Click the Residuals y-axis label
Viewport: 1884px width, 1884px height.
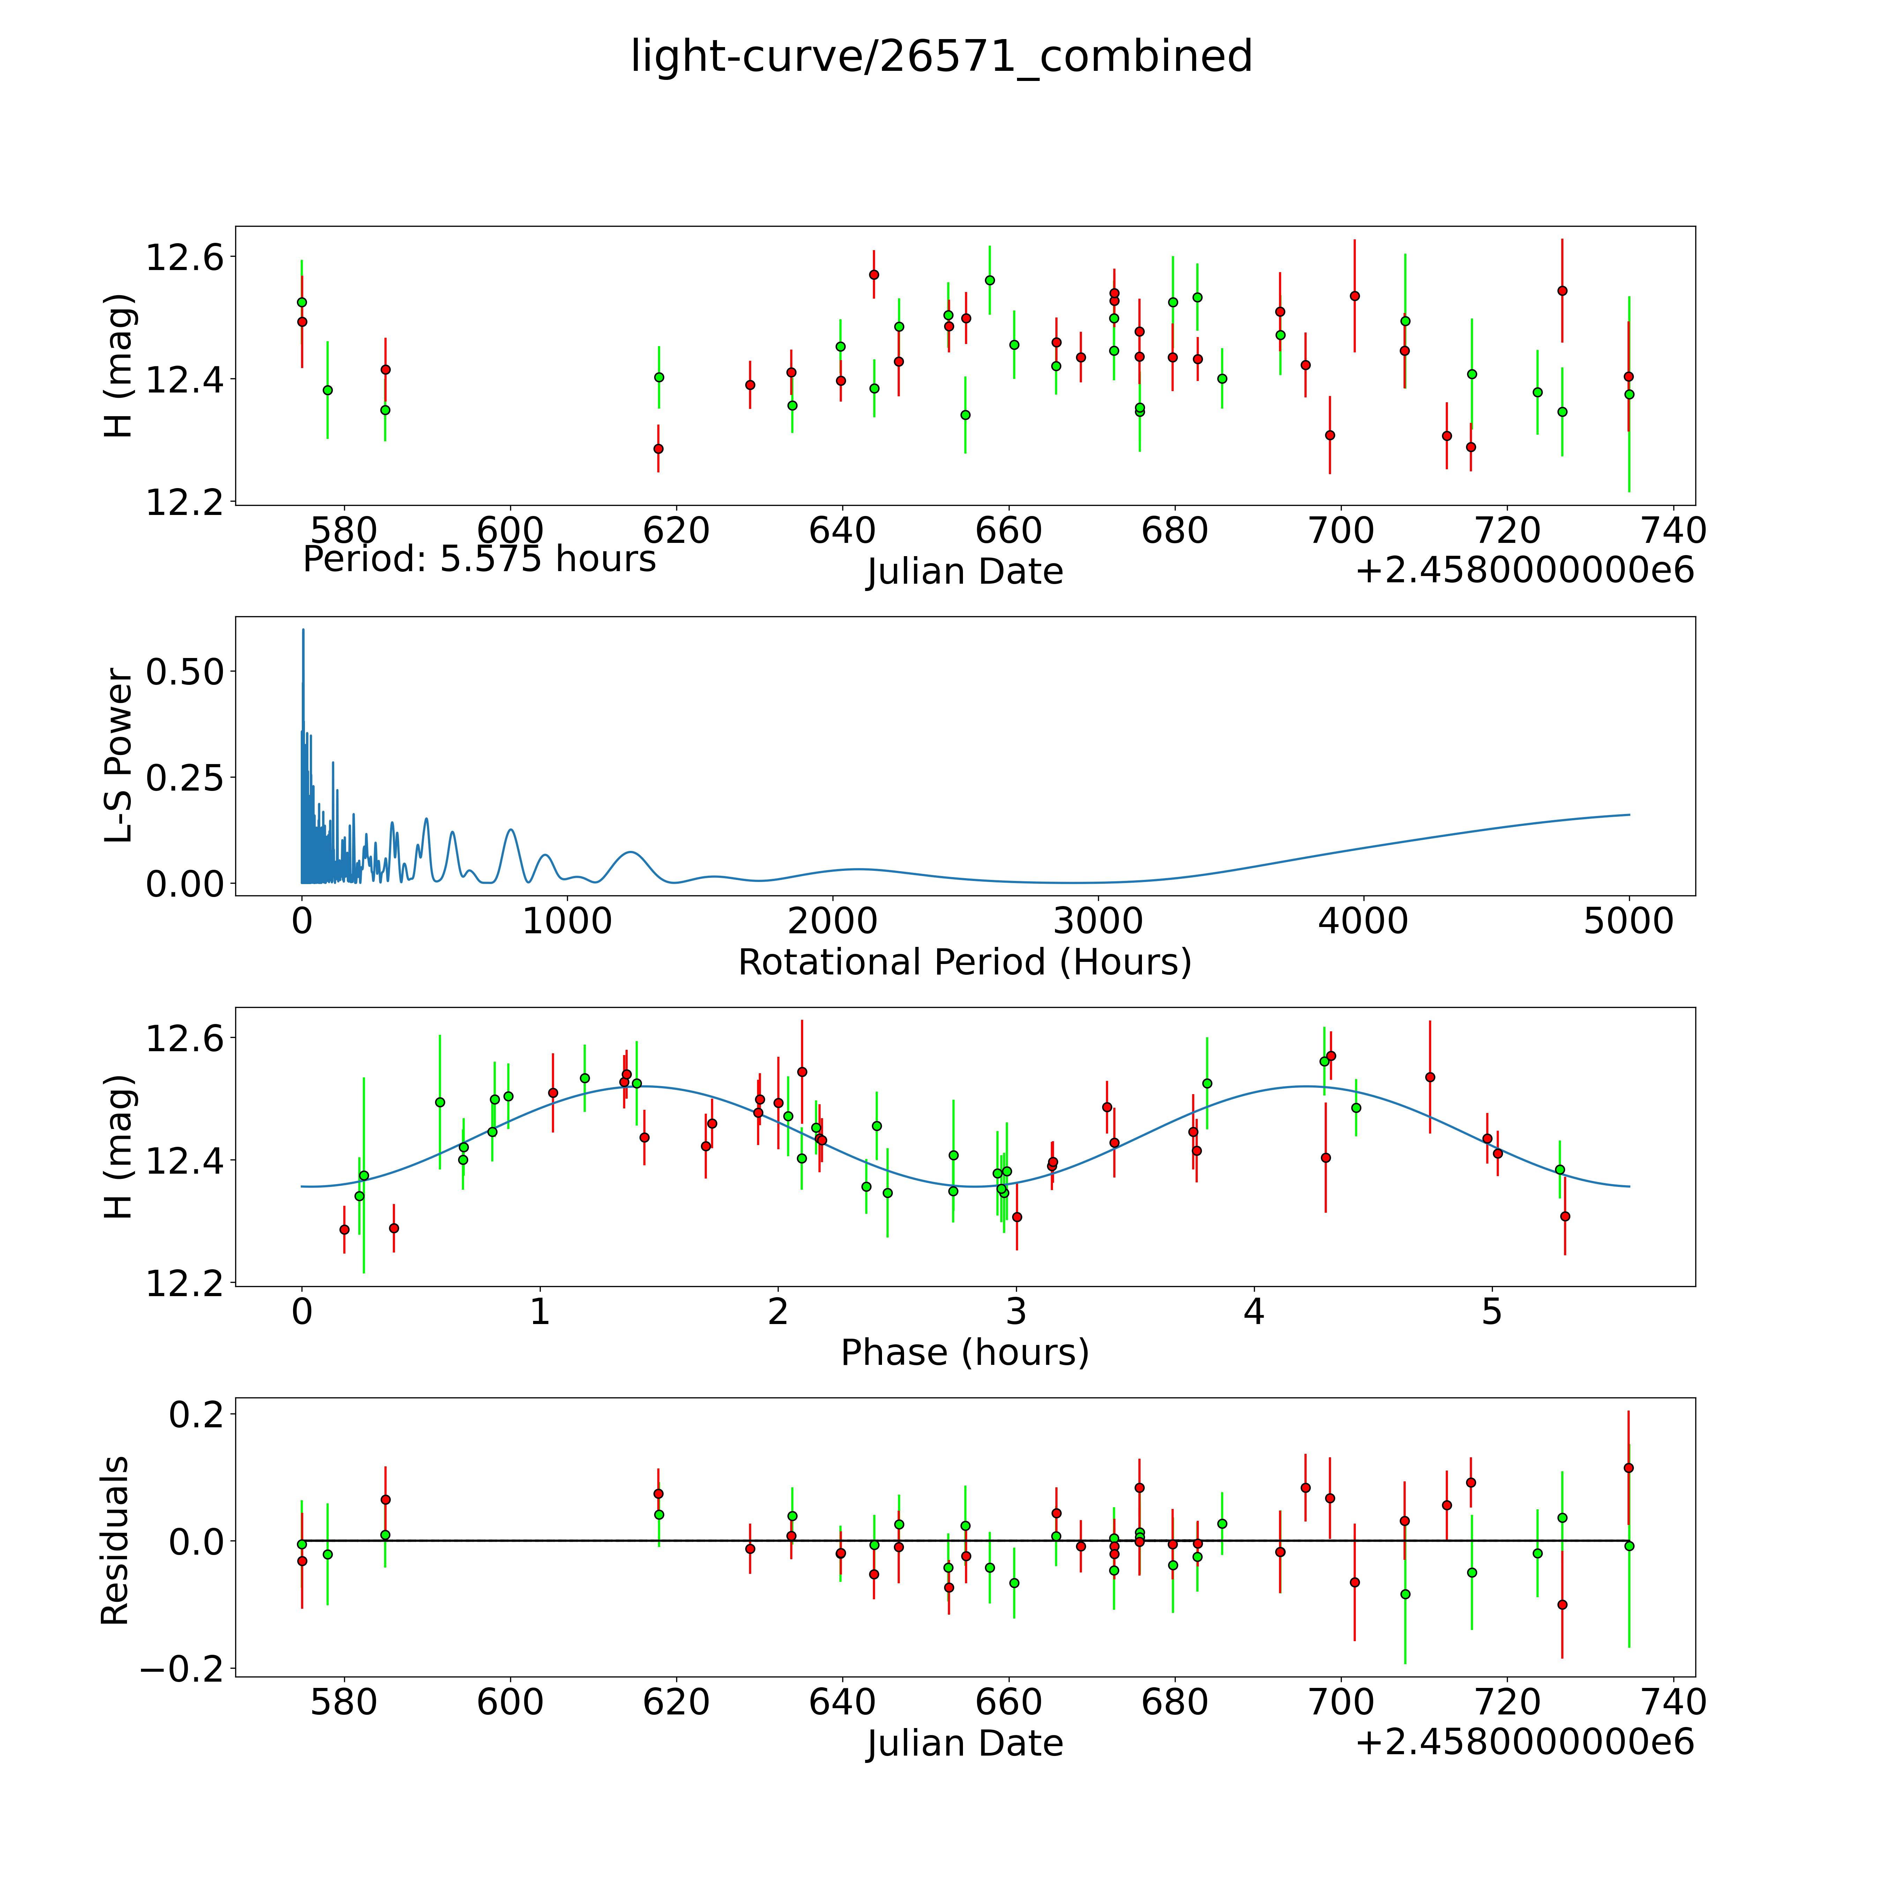point(115,1541)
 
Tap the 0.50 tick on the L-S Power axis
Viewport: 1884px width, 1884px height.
point(185,672)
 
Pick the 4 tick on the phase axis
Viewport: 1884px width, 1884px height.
point(1254,1311)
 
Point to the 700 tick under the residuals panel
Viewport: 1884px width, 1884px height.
point(1341,1703)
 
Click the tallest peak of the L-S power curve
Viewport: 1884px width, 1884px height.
point(303,630)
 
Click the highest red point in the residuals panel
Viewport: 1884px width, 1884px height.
point(1628,1468)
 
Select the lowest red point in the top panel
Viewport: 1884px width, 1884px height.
point(658,449)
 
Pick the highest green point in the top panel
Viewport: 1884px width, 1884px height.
point(990,280)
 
